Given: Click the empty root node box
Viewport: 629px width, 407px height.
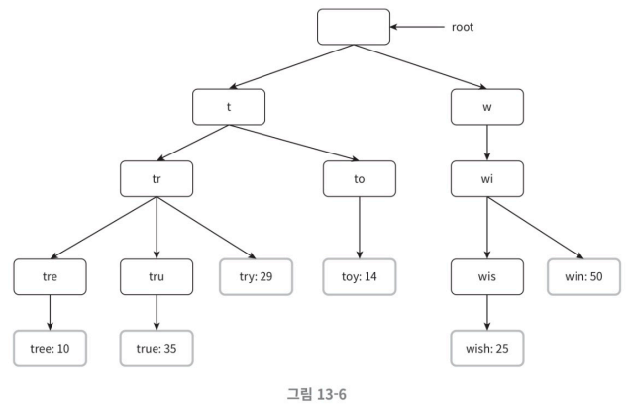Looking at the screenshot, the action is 354,27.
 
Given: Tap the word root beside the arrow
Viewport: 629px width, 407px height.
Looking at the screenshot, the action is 463,27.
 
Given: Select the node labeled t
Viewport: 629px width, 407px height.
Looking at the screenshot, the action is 229,107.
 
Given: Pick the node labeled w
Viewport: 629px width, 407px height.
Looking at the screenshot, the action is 487,107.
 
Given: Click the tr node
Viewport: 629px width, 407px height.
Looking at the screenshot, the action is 157,179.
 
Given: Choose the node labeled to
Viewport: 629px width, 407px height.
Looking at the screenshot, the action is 360,179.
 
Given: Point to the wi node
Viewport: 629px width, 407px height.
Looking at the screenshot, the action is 487,179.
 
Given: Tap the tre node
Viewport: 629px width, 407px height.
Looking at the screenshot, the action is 50,277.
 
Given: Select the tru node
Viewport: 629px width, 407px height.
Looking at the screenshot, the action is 157,277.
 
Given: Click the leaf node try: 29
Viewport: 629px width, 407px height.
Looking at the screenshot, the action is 256,277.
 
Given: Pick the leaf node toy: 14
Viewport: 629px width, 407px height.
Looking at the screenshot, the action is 360,277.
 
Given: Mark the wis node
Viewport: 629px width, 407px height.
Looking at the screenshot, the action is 487,277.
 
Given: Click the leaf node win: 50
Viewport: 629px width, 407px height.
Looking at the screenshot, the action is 584,277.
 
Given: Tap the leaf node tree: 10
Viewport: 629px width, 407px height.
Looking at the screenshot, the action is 50,349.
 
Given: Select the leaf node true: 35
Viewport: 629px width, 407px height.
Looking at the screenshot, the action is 157,349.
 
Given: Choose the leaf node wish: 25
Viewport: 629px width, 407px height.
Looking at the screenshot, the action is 487,349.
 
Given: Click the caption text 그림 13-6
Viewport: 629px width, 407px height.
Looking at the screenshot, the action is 317,394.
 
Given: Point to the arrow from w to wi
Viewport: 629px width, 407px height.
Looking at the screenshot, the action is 487,143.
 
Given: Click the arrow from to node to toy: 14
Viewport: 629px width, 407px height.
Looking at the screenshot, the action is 360,228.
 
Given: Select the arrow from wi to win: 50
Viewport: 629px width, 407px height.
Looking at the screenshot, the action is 536,228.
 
